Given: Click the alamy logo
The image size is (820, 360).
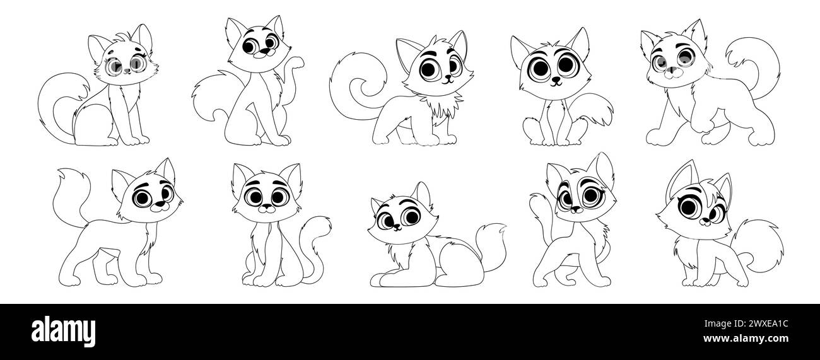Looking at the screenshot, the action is (x=63, y=332).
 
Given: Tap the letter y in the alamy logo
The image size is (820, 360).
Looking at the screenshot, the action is (x=89, y=334).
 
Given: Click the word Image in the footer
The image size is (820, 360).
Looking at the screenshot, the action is (x=718, y=324).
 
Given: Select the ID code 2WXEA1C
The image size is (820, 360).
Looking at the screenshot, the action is (x=768, y=324).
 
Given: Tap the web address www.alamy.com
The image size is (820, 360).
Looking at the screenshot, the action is (x=746, y=339).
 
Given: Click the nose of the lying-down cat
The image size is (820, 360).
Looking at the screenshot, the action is (x=395, y=227).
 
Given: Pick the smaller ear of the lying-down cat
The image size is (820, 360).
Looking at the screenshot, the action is (x=377, y=205).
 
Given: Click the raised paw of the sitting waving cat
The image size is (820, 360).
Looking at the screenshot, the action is (x=297, y=62).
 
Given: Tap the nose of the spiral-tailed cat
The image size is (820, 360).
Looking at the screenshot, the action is (x=447, y=78).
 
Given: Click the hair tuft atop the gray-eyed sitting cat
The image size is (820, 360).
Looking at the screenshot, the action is (x=122, y=38).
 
